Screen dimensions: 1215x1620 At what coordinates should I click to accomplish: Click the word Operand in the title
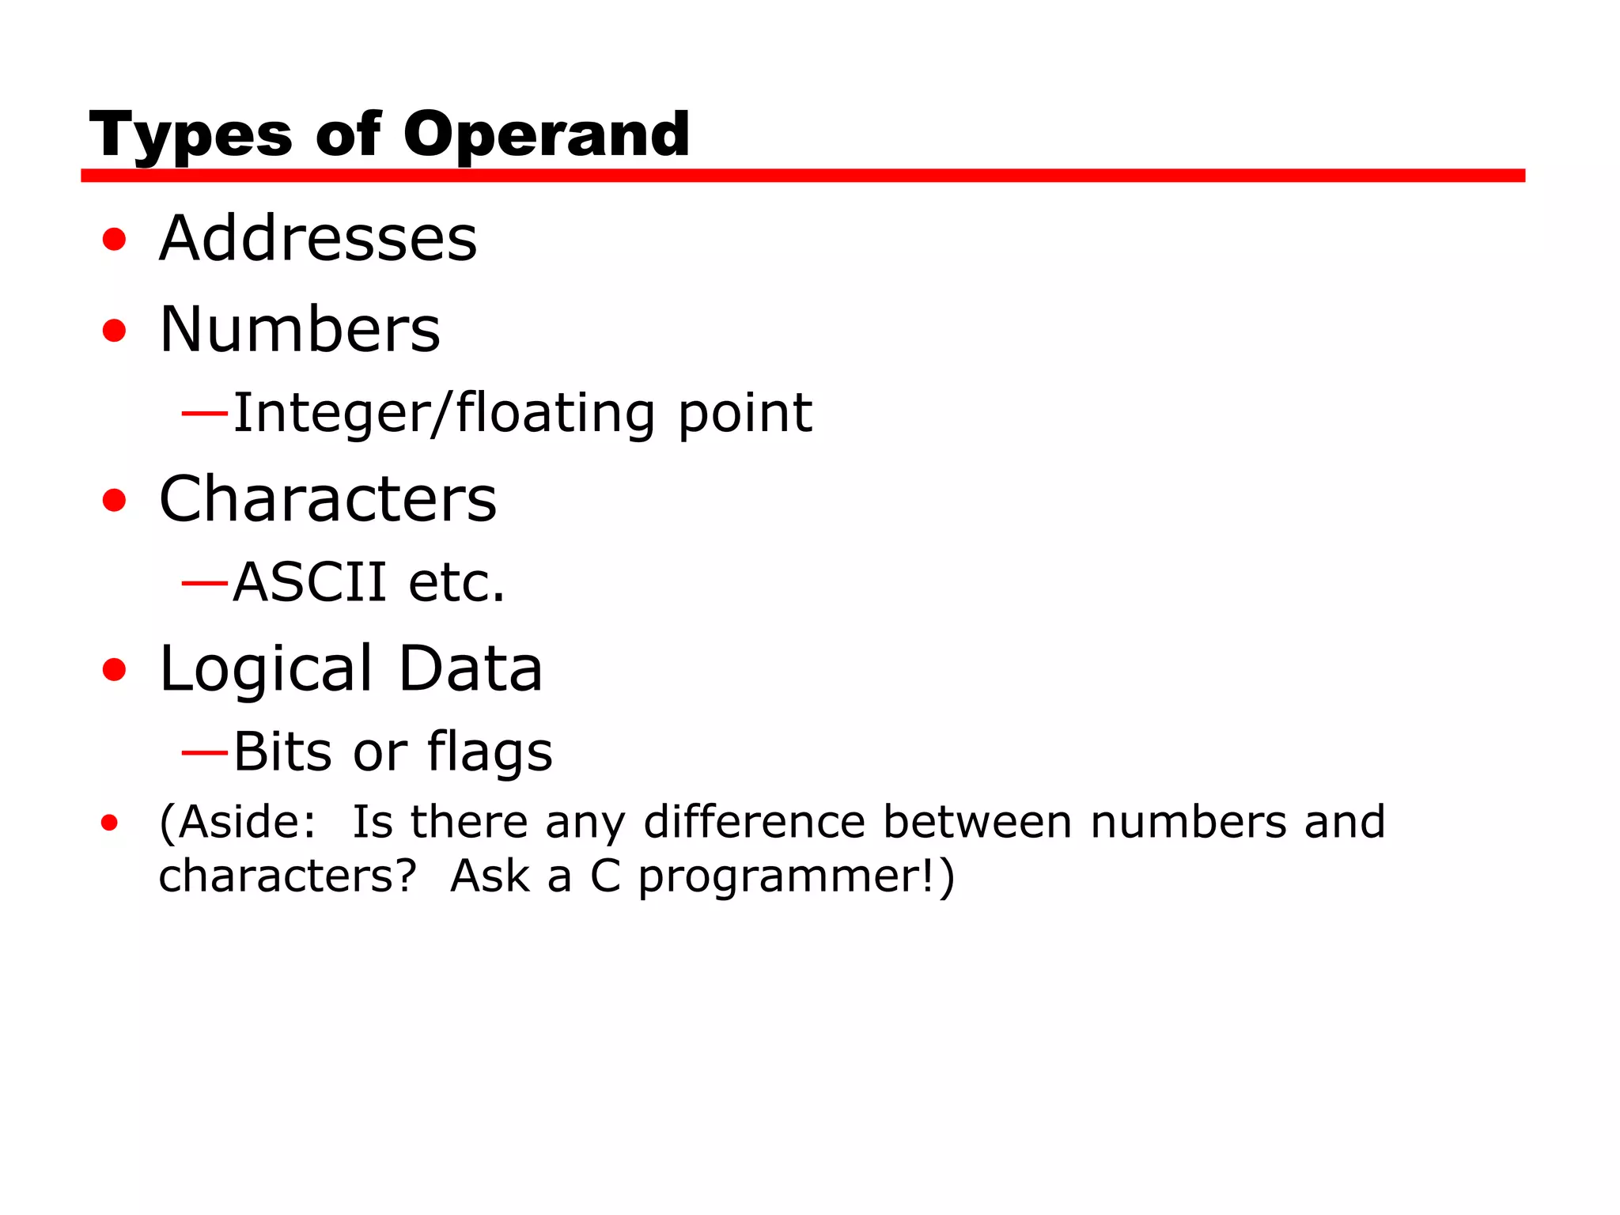546,134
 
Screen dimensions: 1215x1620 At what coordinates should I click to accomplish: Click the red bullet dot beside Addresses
115,239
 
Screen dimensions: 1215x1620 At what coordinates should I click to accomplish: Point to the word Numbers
300,329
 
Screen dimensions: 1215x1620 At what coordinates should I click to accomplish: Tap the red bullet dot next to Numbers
115,330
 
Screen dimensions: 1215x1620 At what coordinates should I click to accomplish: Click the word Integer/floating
444,413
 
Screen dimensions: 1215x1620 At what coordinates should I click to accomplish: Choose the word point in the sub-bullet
745,413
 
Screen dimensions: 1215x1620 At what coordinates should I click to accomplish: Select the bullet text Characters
327,499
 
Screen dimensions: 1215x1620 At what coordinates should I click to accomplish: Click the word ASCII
309,582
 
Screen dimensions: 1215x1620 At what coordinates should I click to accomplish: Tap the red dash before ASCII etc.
204,583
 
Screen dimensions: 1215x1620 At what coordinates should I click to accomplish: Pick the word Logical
266,669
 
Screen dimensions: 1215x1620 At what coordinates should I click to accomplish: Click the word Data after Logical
470,669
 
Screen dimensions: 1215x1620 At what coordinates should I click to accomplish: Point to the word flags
490,751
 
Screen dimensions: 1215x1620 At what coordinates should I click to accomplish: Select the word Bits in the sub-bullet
282,751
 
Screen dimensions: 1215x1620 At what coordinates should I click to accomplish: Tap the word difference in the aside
755,822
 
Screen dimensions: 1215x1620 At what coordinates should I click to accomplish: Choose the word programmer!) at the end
797,876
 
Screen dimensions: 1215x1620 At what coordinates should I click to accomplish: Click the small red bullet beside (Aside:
110,823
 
